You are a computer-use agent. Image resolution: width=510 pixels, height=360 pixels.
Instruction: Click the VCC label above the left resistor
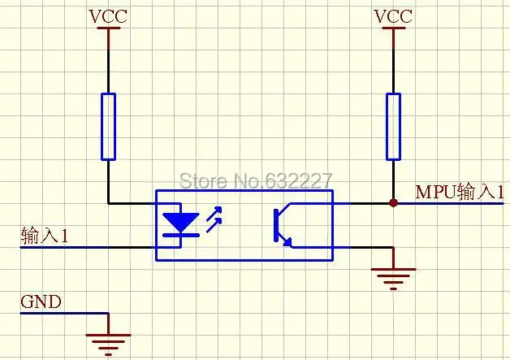coord(108,16)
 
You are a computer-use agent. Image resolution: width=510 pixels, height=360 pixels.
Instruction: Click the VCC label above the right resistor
coord(393,16)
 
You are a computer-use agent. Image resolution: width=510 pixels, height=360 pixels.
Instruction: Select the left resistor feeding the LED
coord(108,127)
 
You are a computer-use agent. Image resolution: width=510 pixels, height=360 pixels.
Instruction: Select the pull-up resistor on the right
coord(393,127)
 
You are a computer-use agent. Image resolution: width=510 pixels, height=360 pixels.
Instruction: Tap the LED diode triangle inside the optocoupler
coord(181,222)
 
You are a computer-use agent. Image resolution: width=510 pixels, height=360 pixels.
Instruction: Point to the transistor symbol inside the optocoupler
coord(283,225)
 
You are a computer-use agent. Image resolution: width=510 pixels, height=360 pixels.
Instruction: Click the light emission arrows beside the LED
coord(214,219)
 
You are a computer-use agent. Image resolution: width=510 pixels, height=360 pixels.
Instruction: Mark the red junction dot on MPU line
coord(393,203)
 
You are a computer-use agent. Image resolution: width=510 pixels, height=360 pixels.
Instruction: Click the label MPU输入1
coord(460,192)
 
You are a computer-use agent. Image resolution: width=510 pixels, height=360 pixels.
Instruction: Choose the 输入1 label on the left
coord(45,235)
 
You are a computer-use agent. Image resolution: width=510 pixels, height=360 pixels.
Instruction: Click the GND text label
coord(41,301)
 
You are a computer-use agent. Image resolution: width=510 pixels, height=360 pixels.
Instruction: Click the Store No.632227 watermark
coord(256,180)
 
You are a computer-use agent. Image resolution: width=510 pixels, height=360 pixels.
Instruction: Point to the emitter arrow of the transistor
coord(287,242)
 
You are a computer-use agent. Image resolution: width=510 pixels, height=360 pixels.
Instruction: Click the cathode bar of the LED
coord(181,235)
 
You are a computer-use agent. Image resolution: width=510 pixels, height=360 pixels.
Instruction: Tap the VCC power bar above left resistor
coord(108,28)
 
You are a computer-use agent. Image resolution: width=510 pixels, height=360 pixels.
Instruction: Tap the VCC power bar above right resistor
coord(393,28)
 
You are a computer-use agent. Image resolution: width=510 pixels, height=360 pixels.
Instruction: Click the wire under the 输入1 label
coord(88,247)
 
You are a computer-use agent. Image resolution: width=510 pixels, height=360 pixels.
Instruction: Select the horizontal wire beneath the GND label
coord(64,313)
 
